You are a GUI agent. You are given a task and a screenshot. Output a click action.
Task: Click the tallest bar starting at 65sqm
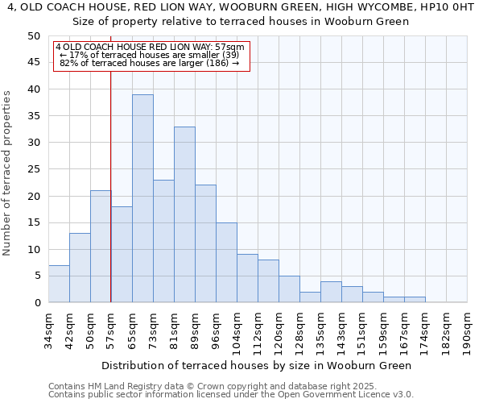coord(142,198)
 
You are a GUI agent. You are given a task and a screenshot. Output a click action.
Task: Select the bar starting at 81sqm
coord(184,214)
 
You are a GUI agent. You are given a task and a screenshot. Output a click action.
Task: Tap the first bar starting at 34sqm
coord(59,284)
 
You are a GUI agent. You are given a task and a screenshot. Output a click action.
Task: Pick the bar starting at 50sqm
coord(101,247)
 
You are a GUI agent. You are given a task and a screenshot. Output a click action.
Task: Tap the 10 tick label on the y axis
coord(34,249)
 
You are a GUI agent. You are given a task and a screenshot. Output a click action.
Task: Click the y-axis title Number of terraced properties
coord(8,173)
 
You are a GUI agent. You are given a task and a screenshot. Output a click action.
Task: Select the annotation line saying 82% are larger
coord(150,63)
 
